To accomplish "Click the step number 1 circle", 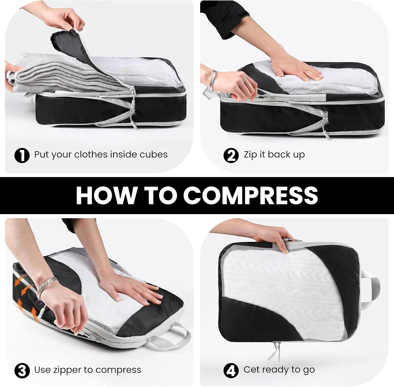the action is click(22, 155).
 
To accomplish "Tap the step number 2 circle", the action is click(231, 155).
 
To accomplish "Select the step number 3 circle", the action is click(22, 370).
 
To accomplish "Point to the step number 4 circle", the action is click(231, 370).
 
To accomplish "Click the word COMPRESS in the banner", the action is click(251, 195).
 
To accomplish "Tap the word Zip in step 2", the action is click(250, 155).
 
